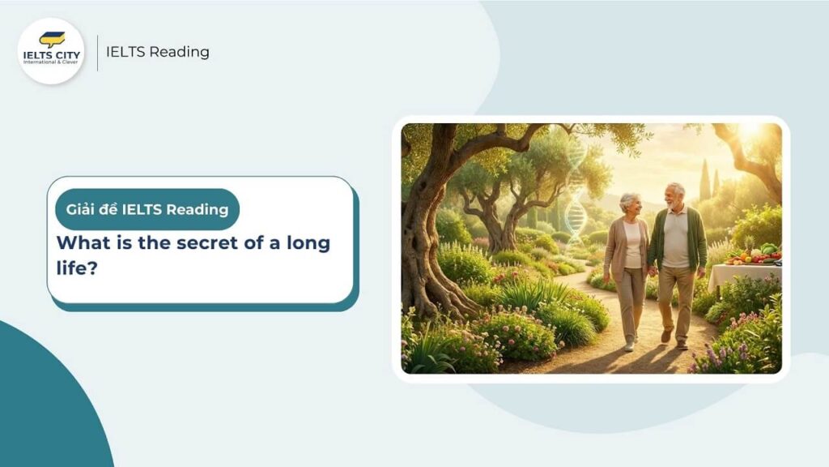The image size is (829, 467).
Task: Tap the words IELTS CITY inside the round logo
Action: click(51, 54)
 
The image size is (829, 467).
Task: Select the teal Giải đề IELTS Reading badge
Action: click(147, 210)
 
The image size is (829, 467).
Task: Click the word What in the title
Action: click(79, 242)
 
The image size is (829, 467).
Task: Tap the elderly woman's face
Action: click(628, 204)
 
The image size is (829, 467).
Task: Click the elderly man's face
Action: click(674, 195)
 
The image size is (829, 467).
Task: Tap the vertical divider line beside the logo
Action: click(97, 52)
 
